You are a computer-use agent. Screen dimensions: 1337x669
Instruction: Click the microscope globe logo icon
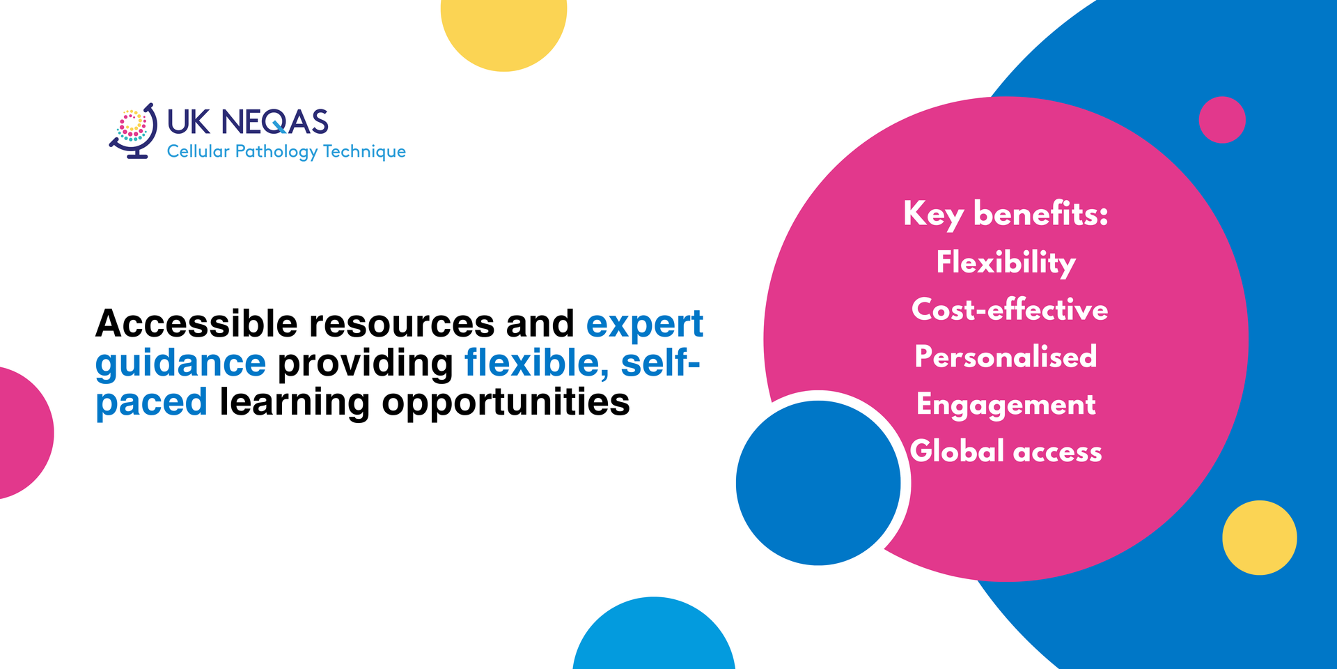(x=133, y=131)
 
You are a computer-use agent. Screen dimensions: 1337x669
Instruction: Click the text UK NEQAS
(x=247, y=122)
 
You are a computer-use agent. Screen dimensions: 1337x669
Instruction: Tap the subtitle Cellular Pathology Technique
(x=286, y=151)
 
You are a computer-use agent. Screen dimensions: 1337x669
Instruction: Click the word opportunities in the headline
(x=506, y=403)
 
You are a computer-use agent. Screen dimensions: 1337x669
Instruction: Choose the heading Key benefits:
(x=1006, y=214)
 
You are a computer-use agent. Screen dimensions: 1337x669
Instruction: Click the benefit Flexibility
(x=1006, y=263)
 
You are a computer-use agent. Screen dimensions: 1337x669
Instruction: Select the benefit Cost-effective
(x=1010, y=309)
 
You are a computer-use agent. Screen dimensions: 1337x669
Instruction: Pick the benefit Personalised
(x=1006, y=356)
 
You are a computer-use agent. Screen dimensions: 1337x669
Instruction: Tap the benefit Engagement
(x=1006, y=405)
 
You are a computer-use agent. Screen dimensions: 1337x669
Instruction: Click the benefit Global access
(x=1006, y=451)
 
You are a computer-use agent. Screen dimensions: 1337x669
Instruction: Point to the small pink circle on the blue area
(x=1222, y=120)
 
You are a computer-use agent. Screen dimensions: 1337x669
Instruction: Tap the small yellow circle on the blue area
(x=1260, y=537)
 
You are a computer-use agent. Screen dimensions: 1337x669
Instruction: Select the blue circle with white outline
(x=819, y=483)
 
